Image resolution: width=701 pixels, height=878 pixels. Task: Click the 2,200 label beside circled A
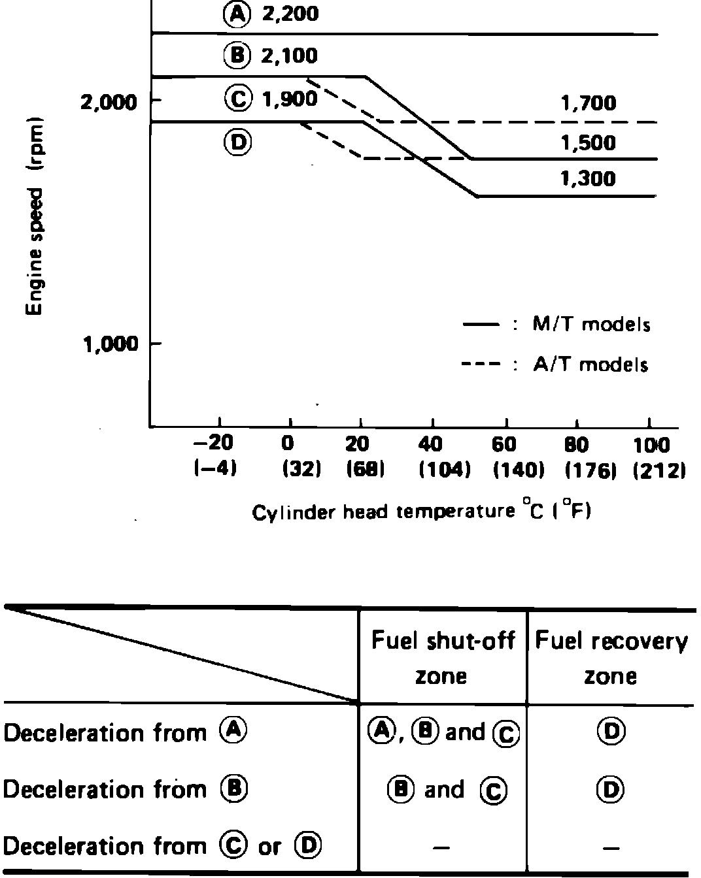point(290,14)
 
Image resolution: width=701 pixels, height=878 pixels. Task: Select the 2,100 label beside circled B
point(289,56)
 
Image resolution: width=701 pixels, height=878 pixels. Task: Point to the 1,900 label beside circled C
point(289,99)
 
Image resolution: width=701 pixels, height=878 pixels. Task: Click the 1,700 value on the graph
point(588,103)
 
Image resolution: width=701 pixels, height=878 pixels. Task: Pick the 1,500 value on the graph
point(588,142)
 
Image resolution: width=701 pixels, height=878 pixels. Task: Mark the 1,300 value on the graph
point(588,178)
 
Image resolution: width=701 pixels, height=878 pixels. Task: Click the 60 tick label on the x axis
point(504,445)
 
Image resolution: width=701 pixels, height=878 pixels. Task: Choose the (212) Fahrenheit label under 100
point(658,470)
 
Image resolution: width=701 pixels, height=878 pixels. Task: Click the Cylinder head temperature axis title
point(421,512)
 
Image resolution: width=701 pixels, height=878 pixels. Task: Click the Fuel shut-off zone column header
point(443,657)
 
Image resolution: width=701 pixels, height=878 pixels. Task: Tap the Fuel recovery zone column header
point(611,657)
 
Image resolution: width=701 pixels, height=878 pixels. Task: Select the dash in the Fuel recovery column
point(611,848)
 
